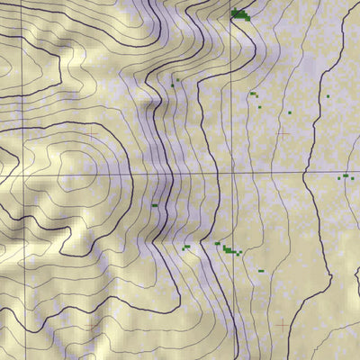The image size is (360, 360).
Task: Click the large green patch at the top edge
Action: [x=239, y=13]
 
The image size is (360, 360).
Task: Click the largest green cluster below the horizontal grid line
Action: [x=231, y=250]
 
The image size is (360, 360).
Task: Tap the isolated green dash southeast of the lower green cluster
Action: [x=257, y=267]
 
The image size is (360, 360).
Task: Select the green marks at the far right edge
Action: [x=344, y=176]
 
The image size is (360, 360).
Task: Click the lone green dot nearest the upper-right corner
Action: [x=328, y=95]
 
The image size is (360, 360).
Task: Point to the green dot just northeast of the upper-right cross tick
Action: [x=290, y=112]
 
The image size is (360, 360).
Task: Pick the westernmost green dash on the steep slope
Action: [x=155, y=205]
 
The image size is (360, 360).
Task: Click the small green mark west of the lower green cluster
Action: [x=185, y=247]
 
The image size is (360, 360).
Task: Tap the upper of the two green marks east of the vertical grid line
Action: [x=254, y=93]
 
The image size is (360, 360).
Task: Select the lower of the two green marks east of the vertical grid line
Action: [x=260, y=108]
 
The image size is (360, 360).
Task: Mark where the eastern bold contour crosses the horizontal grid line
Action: [x=307, y=172]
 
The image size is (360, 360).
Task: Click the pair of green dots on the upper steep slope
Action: [x=175, y=82]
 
